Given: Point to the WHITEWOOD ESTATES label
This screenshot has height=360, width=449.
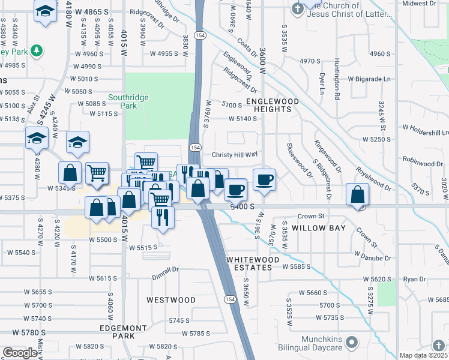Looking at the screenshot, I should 253,263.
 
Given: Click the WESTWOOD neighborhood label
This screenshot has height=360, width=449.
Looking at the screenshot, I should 171,299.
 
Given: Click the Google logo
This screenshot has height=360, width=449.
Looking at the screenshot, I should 19,353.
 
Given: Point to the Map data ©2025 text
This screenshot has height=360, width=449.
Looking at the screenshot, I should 423,355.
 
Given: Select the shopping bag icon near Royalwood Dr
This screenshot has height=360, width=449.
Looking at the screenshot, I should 358,195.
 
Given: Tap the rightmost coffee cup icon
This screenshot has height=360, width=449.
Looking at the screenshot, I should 264,179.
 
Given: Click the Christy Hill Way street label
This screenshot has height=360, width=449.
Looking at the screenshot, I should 235,154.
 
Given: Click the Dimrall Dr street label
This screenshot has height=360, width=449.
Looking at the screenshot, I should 165,269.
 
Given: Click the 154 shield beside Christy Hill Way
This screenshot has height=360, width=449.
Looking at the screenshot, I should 195,148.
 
